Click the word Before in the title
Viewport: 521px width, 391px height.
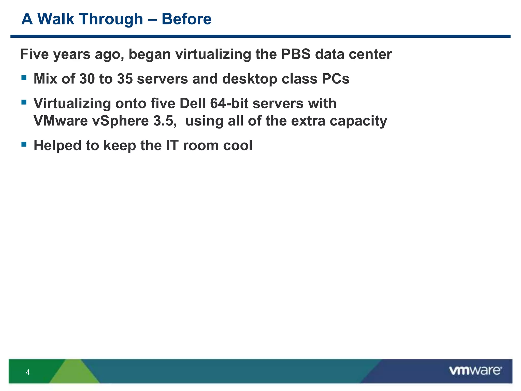tap(186, 19)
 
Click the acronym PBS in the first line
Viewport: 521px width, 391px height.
tap(296, 54)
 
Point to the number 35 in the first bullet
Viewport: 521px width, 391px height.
tap(125, 79)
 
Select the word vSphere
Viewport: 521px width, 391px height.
tap(120, 121)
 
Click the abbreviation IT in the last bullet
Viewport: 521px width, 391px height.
tap(172, 145)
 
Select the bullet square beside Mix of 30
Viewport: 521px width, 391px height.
tap(24, 78)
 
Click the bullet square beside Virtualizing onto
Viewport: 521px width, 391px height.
tap(24, 102)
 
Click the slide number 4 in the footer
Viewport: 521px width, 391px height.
tap(28, 372)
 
